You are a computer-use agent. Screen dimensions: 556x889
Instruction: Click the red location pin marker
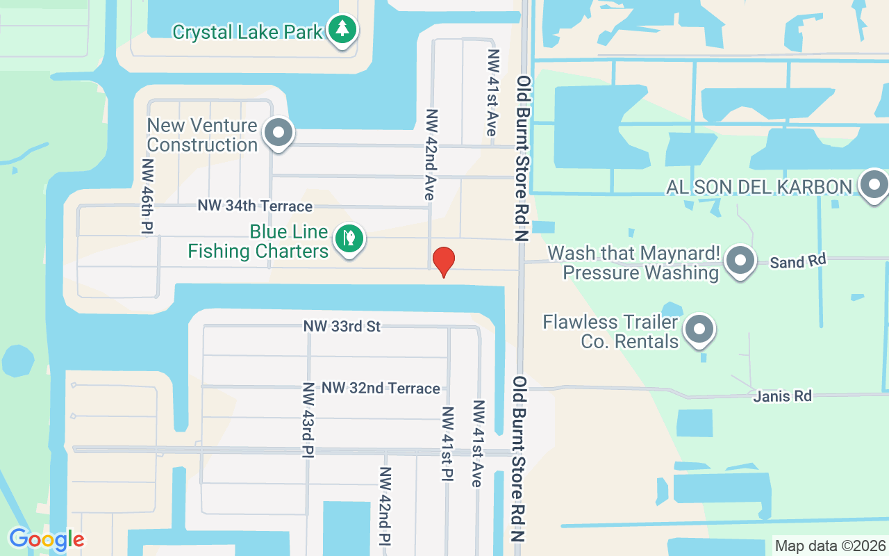[443, 261]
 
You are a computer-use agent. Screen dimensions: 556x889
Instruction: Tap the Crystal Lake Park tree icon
[342, 29]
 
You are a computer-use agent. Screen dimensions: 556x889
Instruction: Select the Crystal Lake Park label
[247, 32]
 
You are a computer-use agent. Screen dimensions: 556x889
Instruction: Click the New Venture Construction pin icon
[279, 131]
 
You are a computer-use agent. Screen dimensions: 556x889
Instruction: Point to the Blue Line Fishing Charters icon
[349, 238]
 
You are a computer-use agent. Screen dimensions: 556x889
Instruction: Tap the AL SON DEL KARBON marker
[873, 186]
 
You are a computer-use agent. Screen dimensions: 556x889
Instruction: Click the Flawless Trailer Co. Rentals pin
[700, 329]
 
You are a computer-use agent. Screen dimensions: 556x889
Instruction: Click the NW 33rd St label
[342, 326]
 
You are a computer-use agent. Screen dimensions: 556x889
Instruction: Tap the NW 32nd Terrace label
[381, 388]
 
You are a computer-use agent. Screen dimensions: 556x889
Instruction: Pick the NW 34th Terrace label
[255, 206]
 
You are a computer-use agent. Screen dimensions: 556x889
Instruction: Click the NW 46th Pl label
[147, 196]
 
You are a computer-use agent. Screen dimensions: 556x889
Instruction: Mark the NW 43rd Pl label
[308, 420]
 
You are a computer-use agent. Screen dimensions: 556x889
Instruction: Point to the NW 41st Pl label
[447, 443]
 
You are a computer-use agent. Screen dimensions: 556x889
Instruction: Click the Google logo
[46, 539]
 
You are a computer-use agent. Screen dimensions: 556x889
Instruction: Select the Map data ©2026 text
[830, 546]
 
